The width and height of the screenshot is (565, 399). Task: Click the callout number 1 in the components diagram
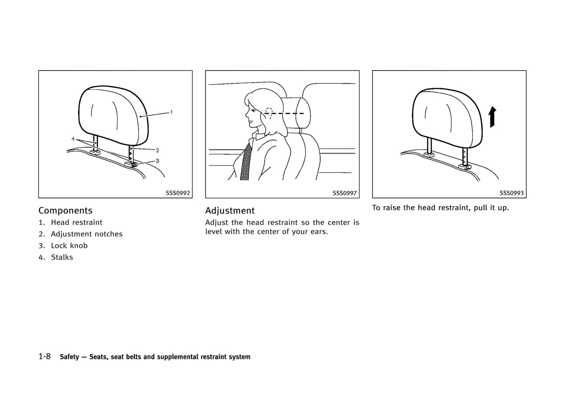pos(172,112)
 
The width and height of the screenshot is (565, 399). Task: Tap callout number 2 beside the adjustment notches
pos(158,150)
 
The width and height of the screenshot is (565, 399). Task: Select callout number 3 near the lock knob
pos(158,161)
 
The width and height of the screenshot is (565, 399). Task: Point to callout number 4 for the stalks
pos(73,139)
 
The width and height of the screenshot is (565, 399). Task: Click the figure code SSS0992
pos(178,193)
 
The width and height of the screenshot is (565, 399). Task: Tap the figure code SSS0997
pos(344,193)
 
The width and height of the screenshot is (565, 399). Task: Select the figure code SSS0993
pos(511,193)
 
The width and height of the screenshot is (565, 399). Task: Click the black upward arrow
pos(492,117)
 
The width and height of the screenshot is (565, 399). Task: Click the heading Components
pos(65,211)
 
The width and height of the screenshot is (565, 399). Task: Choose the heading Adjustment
pos(230,211)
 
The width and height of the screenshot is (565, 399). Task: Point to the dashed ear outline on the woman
pos(269,114)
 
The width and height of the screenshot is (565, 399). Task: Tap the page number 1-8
pos(45,356)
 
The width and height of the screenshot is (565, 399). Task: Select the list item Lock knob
pos(69,246)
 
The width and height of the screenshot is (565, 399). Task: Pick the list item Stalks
pos(62,257)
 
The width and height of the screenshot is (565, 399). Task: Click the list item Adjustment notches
pos(87,234)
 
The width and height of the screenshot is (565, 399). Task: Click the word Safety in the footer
pos(69,357)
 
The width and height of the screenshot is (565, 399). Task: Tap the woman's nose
pos(247,114)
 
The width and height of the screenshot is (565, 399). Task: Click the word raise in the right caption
pos(392,208)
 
